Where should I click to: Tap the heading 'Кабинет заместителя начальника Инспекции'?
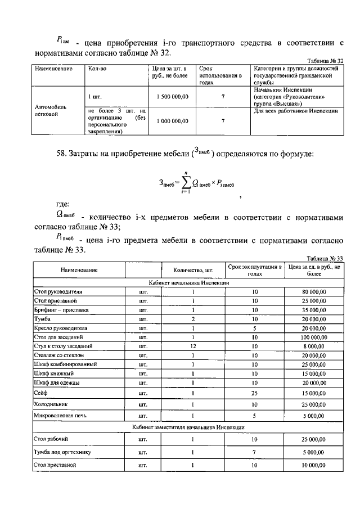coord(189,427)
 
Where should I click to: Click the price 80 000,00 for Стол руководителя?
coord(313,292)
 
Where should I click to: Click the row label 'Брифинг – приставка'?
coord(61,310)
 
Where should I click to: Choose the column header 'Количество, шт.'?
coord(192,270)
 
